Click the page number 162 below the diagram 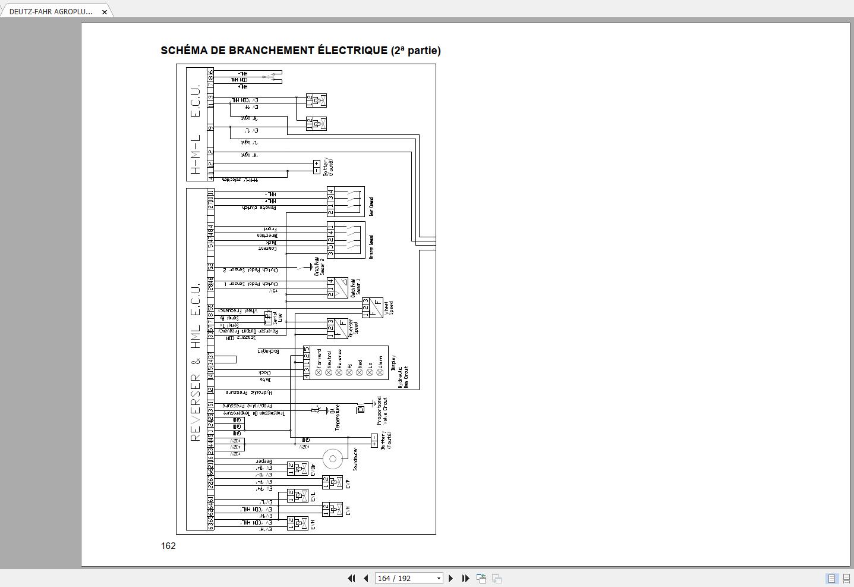pyautogui.click(x=168, y=546)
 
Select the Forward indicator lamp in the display pyautogui.click(x=319, y=372)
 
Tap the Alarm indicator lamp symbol pyautogui.click(x=380, y=372)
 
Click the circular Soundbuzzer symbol pyautogui.click(x=332, y=459)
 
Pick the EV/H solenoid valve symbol pyautogui.click(x=297, y=523)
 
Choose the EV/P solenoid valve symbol pyautogui.click(x=332, y=482)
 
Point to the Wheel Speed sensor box pyautogui.click(x=373, y=307)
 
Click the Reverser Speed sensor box pyautogui.click(x=337, y=328)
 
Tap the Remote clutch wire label pyautogui.click(x=259, y=208)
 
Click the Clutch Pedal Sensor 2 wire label pyautogui.click(x=250, y=270)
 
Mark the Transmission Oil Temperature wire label pyautogui.click(x=254, y=413)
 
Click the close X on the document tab pyautogui.click(x=105, y=12)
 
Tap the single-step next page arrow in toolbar pyautogui.click(x=450, y=578)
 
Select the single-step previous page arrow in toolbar pyautogui.click(x=365, y=578)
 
